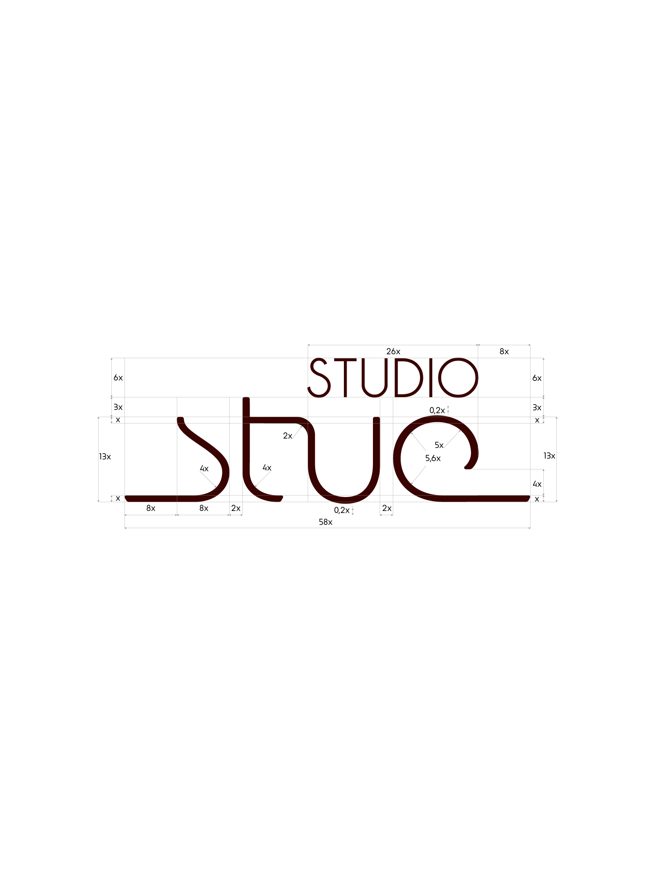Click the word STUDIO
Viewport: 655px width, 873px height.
393,378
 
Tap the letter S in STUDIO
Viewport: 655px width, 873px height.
320,378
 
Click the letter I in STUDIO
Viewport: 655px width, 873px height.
431,378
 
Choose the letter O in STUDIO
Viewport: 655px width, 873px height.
458,378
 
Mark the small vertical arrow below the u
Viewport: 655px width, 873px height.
352,510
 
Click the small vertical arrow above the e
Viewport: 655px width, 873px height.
448,410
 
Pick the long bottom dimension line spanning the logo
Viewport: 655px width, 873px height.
327,528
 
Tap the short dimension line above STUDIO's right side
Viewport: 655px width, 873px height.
504,345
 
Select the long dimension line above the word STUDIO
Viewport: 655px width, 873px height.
393,345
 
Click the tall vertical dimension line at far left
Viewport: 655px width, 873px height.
99,459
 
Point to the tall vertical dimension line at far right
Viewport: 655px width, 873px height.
557,459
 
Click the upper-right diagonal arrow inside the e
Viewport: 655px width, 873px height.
452,439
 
